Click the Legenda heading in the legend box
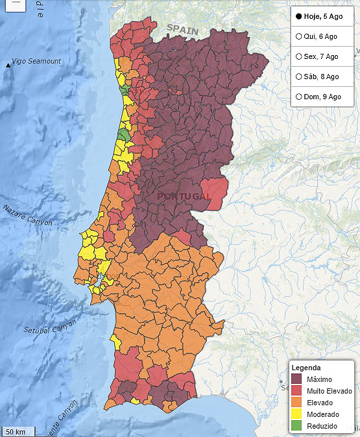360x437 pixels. click(306, 368)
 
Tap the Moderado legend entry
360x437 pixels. click(322, 414)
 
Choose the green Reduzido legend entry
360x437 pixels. click(322, 426)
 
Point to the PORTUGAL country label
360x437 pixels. click(184, 196)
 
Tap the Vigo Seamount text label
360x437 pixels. click(37, 61)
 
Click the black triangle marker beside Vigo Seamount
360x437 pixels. click(8, 64)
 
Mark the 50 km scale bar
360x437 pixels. click(16, 431)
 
